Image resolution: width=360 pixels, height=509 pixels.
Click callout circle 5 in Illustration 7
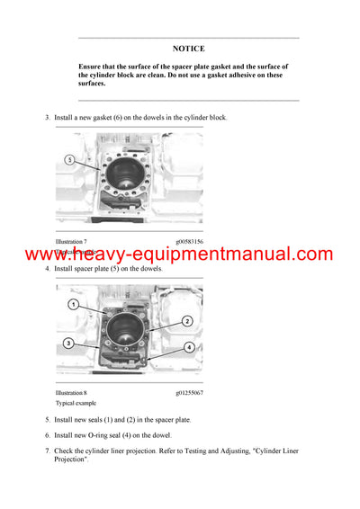68,159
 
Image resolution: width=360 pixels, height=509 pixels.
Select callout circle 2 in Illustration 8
187,321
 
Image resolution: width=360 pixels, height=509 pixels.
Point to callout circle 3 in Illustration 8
68,344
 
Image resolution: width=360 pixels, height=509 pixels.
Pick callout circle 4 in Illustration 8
189,347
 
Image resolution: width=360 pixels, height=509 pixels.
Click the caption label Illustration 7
71,242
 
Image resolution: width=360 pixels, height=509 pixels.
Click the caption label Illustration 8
71,393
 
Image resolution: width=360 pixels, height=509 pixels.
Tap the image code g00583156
189,242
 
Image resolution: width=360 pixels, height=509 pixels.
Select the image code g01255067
189,393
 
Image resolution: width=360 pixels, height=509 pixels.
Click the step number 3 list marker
47,118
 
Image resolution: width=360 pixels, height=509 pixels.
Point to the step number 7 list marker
47,450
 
